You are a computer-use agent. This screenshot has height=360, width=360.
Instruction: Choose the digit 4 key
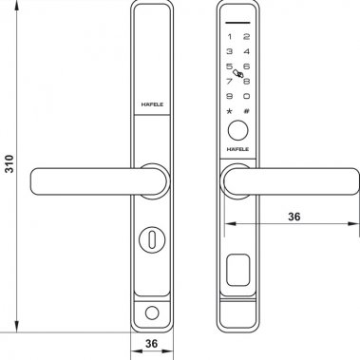pyautogui.click(x=246, y=54)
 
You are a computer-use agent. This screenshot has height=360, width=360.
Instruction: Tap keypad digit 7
pyautogui.click(x=229, y=83)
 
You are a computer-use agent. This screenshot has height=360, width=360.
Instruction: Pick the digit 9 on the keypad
pyautogui.click(x=229, y=97)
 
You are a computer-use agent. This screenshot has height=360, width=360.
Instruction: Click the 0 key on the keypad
pyautogui.click(x=246, y=97)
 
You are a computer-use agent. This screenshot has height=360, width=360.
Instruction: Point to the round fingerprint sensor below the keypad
pyautogui.click(x=237, y=130)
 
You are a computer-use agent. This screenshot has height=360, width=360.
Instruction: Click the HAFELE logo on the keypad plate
pyautogui.click(x=237, y=150)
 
